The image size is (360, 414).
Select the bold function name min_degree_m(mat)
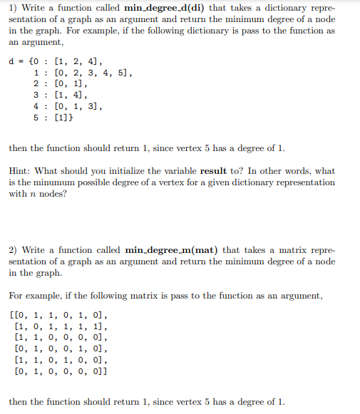(173, 250)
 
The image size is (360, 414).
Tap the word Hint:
(21, 172)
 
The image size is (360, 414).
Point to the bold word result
(214, 172)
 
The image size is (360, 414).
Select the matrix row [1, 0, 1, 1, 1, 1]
(61, 326)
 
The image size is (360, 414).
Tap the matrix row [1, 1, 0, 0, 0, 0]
(61, 337)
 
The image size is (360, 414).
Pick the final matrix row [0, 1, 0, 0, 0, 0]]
(63, 371)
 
